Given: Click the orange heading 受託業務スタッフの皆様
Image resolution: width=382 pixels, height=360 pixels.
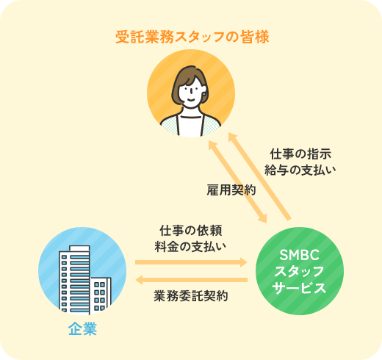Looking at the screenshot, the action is click(192, 37).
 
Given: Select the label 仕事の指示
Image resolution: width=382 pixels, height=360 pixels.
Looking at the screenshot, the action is click(300, 154).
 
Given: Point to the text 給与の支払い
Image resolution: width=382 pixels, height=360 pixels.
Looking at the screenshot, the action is click(300, 170).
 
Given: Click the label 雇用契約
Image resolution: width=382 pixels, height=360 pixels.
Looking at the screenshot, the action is click(231, 190).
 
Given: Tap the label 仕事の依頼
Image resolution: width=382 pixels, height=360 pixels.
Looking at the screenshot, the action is click(191, 231).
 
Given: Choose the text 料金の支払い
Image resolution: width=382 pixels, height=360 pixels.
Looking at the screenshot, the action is click(190, 246).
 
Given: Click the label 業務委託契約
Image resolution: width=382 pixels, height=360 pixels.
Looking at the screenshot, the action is click(191, 296).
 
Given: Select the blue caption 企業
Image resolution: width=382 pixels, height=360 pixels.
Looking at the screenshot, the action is click(83, 328).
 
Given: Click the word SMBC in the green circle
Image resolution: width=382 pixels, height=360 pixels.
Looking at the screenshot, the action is click(299, 255).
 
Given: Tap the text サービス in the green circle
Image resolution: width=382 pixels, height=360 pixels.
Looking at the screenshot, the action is click(299, 288).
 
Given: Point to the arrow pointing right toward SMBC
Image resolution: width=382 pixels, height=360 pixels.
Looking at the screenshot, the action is click(191, 262).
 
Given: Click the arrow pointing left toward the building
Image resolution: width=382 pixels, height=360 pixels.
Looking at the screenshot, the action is click(191, 280).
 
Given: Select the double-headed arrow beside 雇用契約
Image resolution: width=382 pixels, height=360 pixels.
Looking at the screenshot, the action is click(237, 182).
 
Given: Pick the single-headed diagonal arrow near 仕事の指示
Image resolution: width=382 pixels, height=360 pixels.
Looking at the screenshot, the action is click(259, 176).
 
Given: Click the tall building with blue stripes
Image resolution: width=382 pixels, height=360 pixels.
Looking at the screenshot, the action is click(74, 280).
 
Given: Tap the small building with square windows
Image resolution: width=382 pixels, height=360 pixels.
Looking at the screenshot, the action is click(101, 295).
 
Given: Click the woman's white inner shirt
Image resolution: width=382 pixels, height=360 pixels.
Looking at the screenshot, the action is click(191, 123).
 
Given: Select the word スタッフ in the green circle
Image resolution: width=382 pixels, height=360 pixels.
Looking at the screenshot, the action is click(299, 272).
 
